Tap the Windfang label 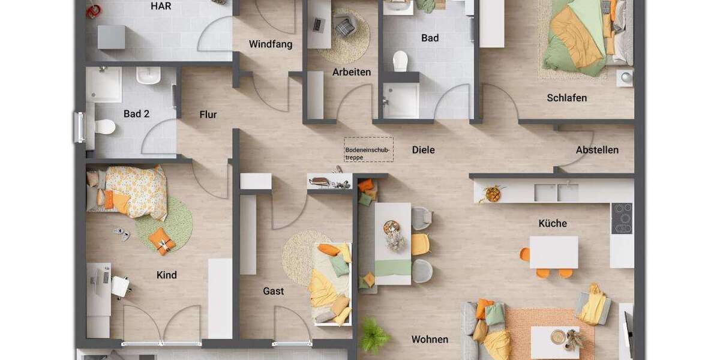tap(271, 44)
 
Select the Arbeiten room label tap(352, 72)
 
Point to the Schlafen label tap(566, 98)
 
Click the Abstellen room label tap(597, 150)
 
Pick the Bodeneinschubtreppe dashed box tap(368, 149)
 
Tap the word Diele tap(423, 150)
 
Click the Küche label tap(553, 223)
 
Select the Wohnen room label tap(430, 340)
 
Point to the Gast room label tap(274, 291)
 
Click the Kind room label tap(167, 275)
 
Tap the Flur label tap(208, 115)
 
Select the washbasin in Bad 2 tap(148, 76)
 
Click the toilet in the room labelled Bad tap(400, 61)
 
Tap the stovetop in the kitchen tap(622, 218)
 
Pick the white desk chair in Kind tap(121, 286)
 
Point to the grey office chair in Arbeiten tap(346, 26)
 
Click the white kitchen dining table tap(553, 251)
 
